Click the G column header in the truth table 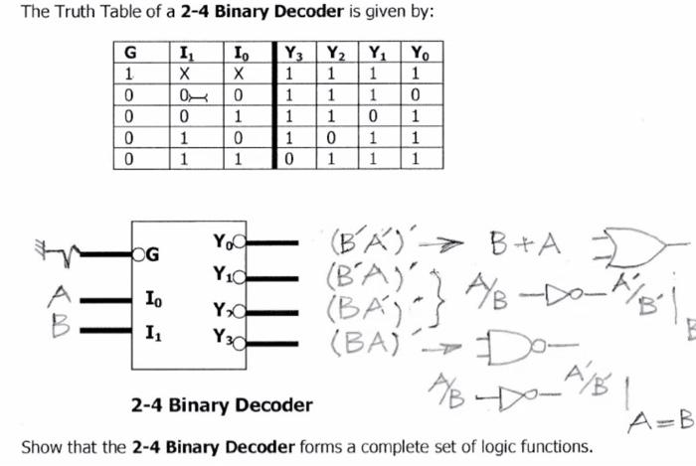click(x=129, y=54)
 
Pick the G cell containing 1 click(x=129, y=75)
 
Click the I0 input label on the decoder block click(x=150, y=298)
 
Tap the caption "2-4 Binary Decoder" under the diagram click(x=222, y=404)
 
